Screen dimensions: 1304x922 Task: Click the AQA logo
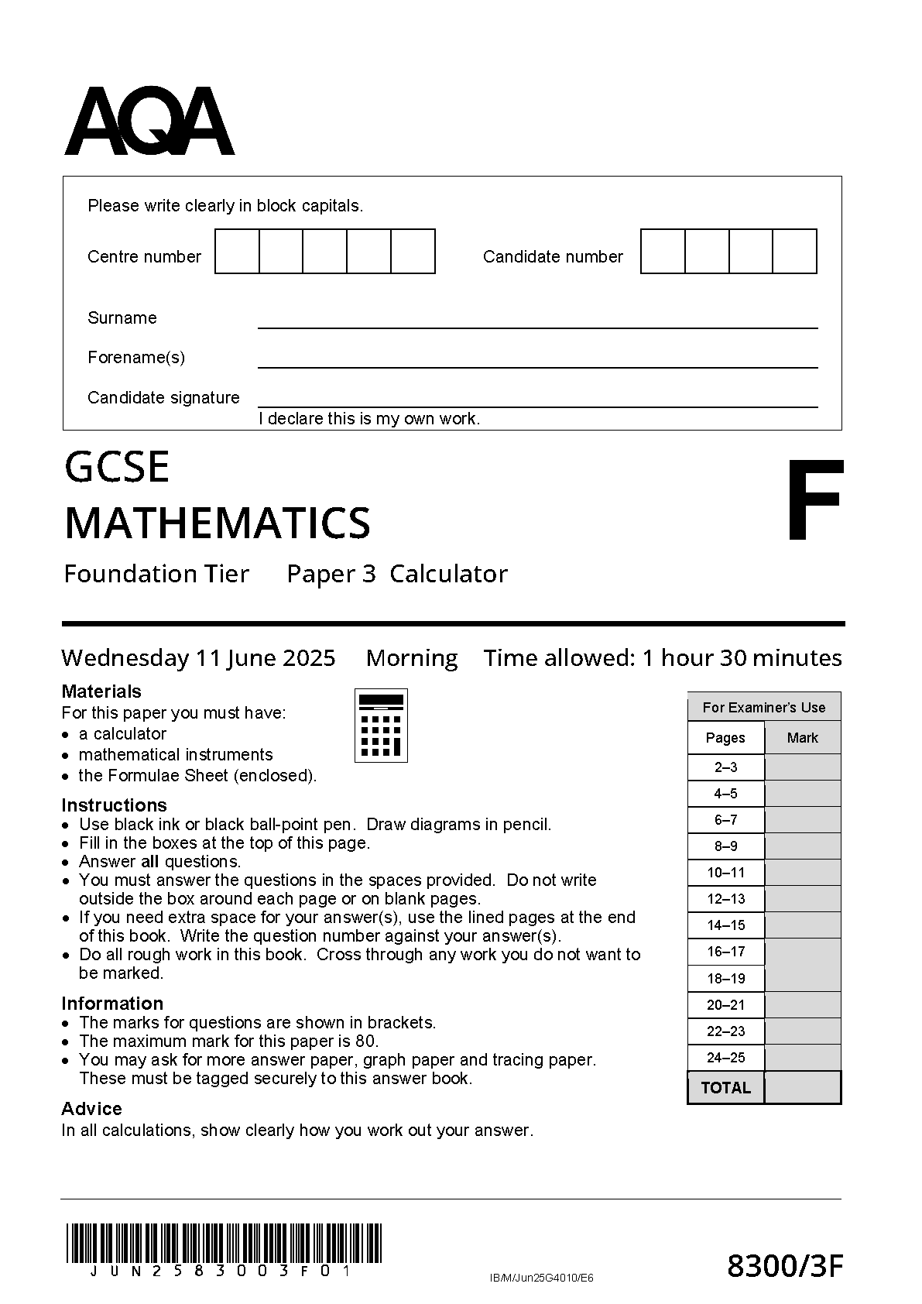point(149,122)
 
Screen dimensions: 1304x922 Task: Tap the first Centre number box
point(237,252)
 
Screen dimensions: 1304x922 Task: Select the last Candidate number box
point(795,252)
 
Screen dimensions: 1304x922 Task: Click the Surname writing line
point(537,321)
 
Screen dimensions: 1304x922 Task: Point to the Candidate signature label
point(163,398)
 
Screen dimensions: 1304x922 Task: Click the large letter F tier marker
point(814,500)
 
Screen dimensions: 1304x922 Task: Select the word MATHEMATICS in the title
point(218,523)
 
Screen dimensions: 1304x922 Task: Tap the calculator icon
point(381,726)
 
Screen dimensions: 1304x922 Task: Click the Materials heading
point(101,691)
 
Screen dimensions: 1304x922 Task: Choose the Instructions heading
point(114,805)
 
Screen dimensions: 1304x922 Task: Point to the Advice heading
point(91,1108)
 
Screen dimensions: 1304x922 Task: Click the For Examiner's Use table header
point(764,707)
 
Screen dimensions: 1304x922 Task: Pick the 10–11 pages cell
point(726,873)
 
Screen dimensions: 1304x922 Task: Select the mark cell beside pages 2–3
point(803,767)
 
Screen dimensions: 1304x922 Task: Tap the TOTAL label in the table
point(725,1088)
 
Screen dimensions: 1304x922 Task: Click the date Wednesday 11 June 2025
point(198,658)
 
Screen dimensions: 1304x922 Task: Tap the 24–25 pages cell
point(726,1058)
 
